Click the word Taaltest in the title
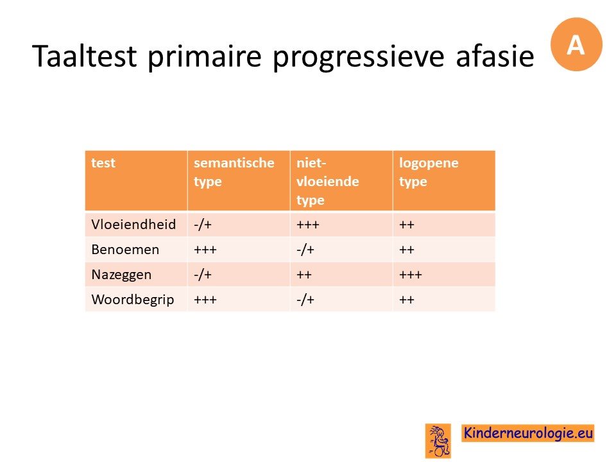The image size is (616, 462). click(85, 56)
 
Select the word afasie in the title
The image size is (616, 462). click(495, 56)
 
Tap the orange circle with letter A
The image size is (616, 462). click(576, 44)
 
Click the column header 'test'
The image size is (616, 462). click(103, 162)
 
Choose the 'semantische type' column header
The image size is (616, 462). click(234, 172)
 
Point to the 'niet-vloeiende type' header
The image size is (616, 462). click(328, 182)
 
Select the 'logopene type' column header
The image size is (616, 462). click(429, 172)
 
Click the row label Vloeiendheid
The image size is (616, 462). click(133, 225)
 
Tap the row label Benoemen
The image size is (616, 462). click(125, 250)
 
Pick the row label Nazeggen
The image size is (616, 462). click(121, 275)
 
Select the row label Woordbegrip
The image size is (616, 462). click(133, 300)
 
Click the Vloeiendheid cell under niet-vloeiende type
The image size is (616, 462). click(308, 225)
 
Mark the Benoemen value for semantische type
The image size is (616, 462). click(205, 250)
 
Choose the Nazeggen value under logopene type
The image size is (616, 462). click(411, 275)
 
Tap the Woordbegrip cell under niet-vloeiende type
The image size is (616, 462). click(305, 300)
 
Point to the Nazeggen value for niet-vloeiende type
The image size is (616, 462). click(304, 275)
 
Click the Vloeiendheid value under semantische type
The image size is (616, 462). click(203, 225)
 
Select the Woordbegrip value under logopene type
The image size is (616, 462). click(407, 300)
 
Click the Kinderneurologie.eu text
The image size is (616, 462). click(528, 433)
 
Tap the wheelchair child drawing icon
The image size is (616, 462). click(438, 441)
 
